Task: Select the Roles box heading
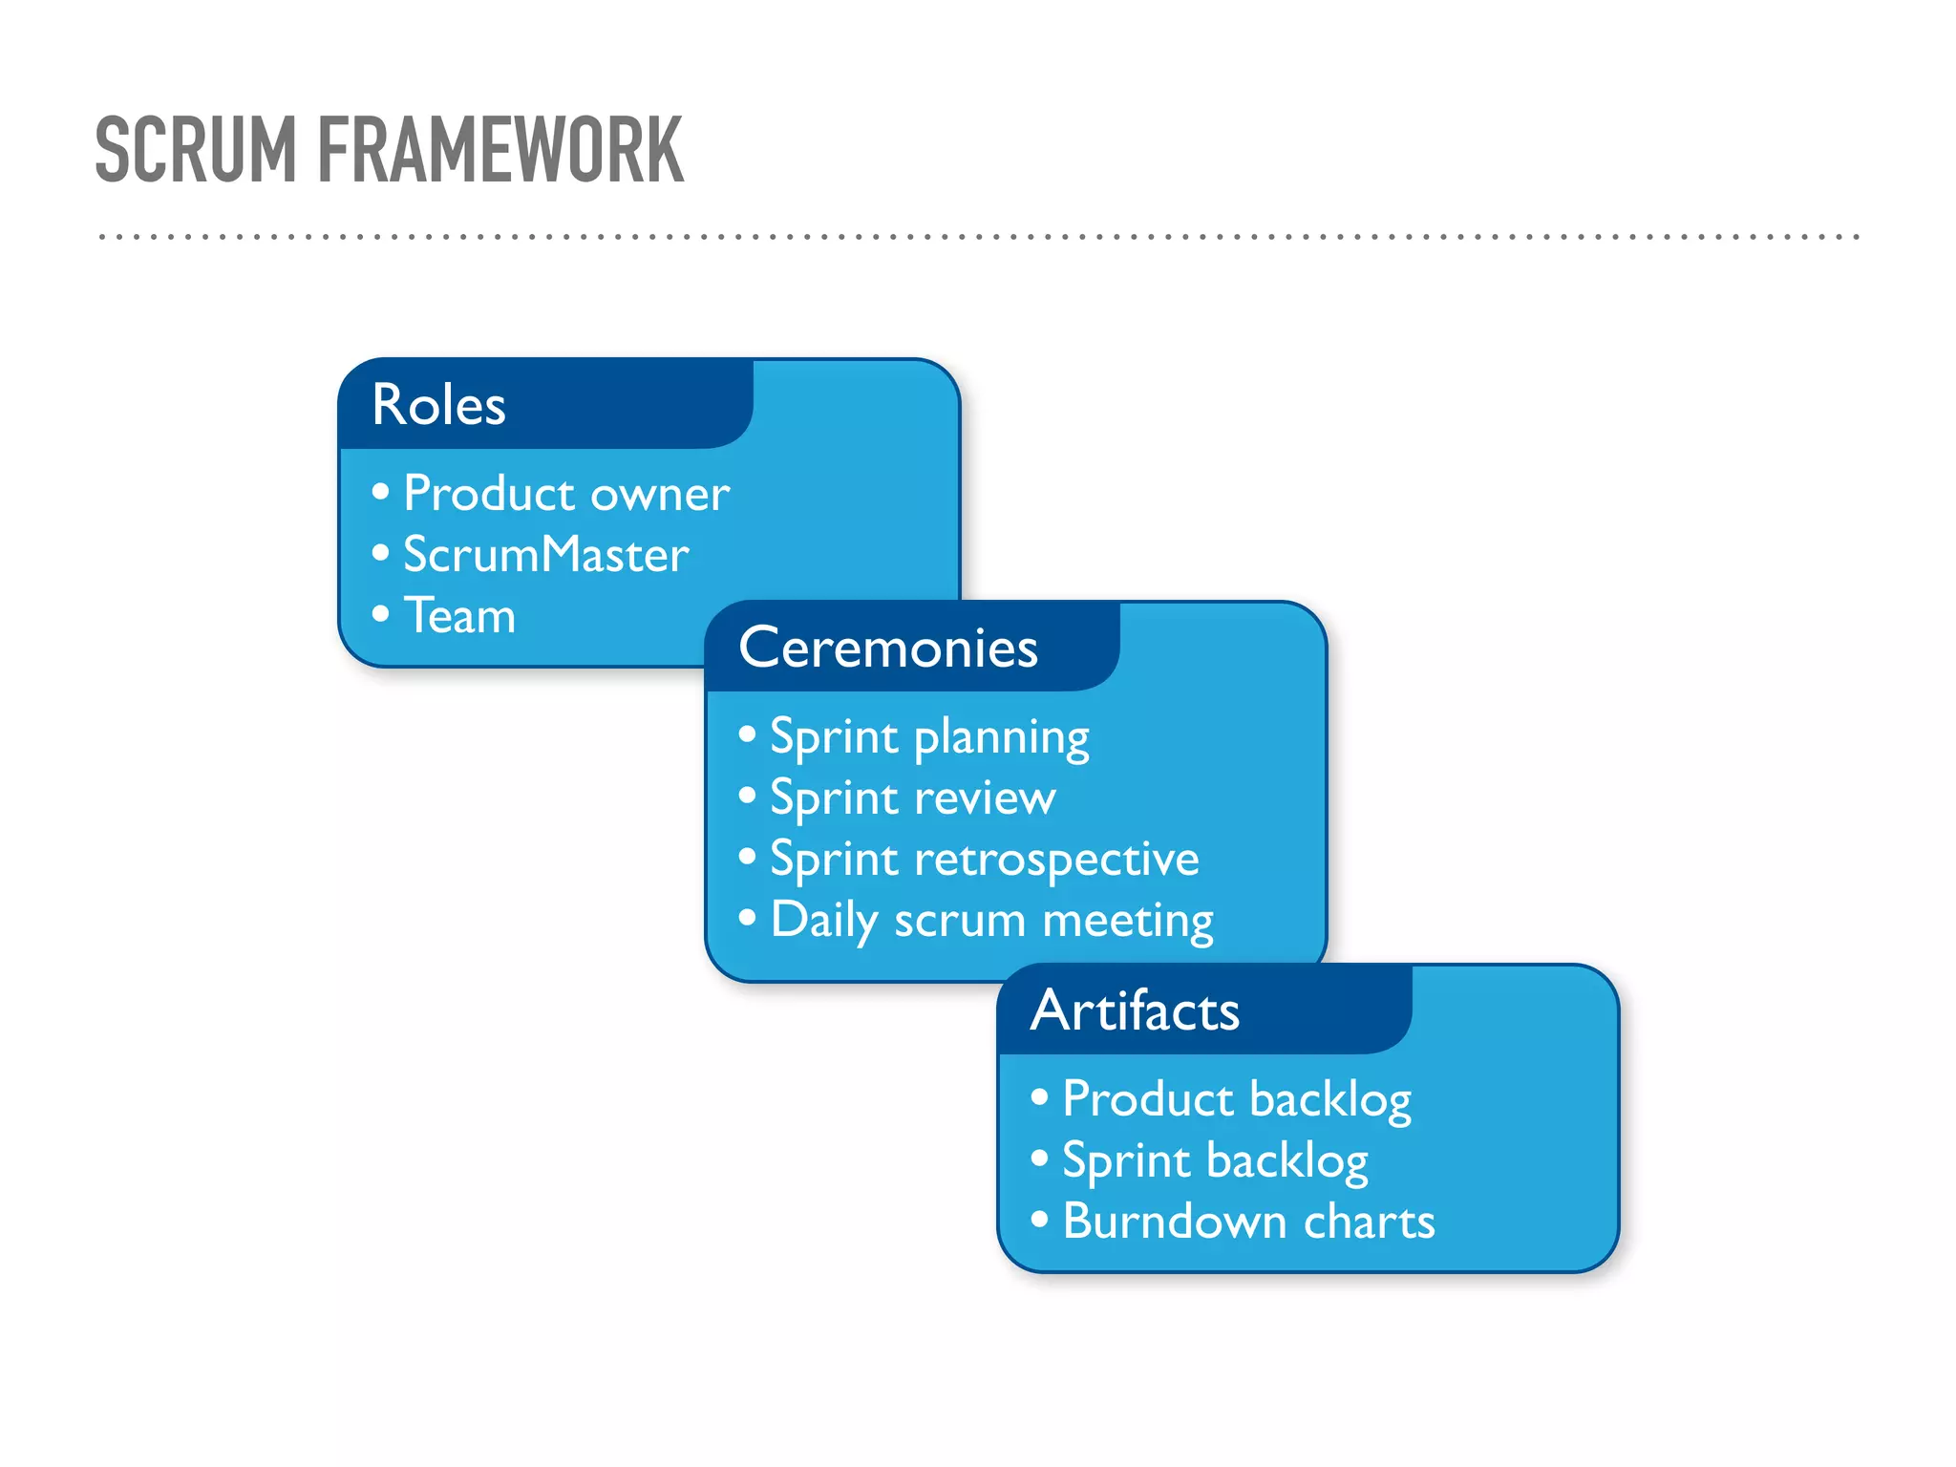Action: [438, 404]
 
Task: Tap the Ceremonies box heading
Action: [887, 648]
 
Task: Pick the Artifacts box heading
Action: [1135, 1010]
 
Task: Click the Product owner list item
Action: [566, 494]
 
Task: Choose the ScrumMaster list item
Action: [545, 555]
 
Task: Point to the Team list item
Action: [459, 616]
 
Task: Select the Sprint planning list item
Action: [929, 737]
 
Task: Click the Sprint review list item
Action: [913, 798]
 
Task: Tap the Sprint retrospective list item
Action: [984, 860]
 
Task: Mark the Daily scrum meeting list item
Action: [991, 921]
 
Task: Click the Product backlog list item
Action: [1237, 1099]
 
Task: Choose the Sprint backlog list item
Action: [1215, 1160]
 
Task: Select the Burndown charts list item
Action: [1248, 1222]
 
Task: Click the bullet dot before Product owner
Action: [381, 492]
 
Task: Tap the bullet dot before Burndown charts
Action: [1040, 1220]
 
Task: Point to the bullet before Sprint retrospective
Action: [748, 857]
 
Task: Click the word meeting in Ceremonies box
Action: [1127, 921]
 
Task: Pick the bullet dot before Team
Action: [381, 614]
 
